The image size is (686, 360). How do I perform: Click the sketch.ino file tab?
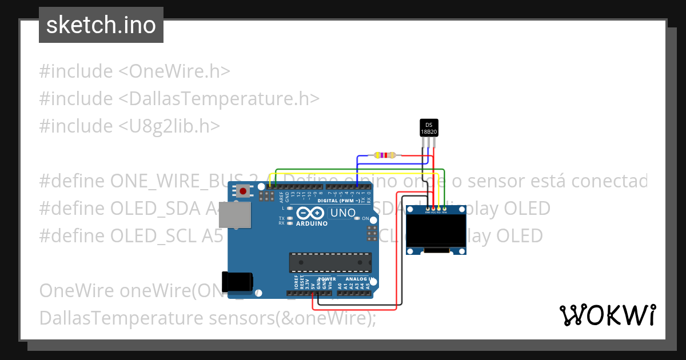tap(101, 25)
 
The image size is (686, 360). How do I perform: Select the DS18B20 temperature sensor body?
tap(429, 128)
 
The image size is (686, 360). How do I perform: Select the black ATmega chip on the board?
tap(330, 262)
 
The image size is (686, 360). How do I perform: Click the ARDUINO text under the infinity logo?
tap(312, 223)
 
